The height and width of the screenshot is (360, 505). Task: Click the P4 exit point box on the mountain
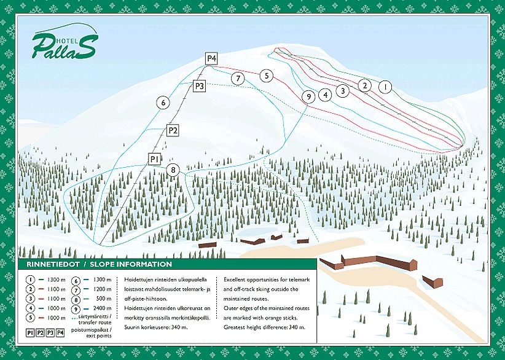point(211,58)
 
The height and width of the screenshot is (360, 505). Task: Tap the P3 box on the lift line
point(199,86)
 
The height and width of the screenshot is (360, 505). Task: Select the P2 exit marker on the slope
point(173,130)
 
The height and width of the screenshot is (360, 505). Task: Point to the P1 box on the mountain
point(155,158)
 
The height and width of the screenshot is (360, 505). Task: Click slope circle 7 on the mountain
point(238,78)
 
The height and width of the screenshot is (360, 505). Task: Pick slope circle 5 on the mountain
point(265,76)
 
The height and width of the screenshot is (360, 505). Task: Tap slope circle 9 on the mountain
point(308,96)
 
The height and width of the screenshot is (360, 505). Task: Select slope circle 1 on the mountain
point(385,87)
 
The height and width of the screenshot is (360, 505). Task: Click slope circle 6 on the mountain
point(163,103)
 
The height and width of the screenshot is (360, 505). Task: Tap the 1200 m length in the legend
point(103,289)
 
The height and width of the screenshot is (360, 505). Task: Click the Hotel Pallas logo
point(64,44)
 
